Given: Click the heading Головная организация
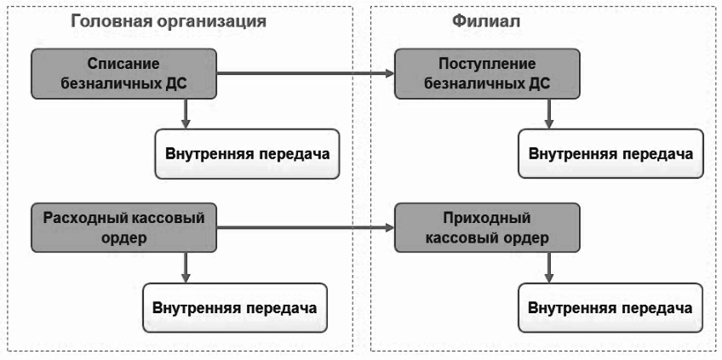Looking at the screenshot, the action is tap(169, 20).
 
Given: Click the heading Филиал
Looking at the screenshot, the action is tap(486, 20).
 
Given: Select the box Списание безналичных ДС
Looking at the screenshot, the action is tap(123, 74).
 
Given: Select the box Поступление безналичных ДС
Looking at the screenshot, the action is tap(487, 74).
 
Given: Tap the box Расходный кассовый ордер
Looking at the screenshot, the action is tap(123, 227).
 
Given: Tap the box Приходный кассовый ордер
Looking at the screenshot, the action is tap(487, 227).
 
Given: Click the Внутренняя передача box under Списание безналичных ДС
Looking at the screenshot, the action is tap(247, 154).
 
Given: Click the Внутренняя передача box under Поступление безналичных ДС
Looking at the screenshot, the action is tap(610, 154).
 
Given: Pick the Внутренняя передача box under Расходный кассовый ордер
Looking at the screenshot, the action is tap(235, 307).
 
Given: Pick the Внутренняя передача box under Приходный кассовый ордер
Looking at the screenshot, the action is tap(610, 307).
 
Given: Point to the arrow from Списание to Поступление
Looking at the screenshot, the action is tap(306, 73).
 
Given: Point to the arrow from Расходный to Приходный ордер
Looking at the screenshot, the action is tap(306, 227).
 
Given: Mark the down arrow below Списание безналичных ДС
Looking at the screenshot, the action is tap(186, 114).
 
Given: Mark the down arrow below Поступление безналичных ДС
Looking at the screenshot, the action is tap(548, 114).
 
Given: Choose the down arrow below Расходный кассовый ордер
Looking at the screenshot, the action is tap(186, 267).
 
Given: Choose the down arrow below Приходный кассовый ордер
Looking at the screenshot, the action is tap(548, 267).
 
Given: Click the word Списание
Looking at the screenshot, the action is tap(123, 64).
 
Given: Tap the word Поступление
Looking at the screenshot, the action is tap(487, 64).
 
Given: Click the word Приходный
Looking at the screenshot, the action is tap(487, 218).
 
